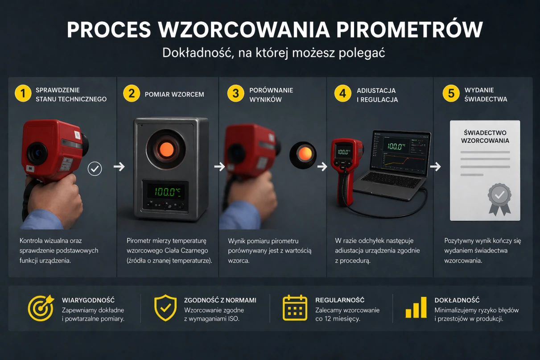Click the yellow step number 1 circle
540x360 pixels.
click(23, 94)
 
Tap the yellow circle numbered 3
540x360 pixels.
click(236, 94)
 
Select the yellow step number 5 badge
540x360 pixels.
click(451, 94)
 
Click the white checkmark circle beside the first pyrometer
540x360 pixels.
click(95, 169)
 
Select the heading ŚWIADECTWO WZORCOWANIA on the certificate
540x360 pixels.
click(485, 137)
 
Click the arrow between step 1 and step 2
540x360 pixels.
click(119, 167)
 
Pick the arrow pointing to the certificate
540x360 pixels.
click(436, 167)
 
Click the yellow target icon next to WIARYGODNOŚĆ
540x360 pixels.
click(41, 308)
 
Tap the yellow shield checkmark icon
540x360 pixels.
click(165, 307)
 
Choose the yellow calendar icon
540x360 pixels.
click(295, 307)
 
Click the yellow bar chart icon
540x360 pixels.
click(416, 308)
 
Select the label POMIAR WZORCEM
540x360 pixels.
click(174, 94)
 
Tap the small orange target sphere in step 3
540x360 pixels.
click(305, 154)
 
